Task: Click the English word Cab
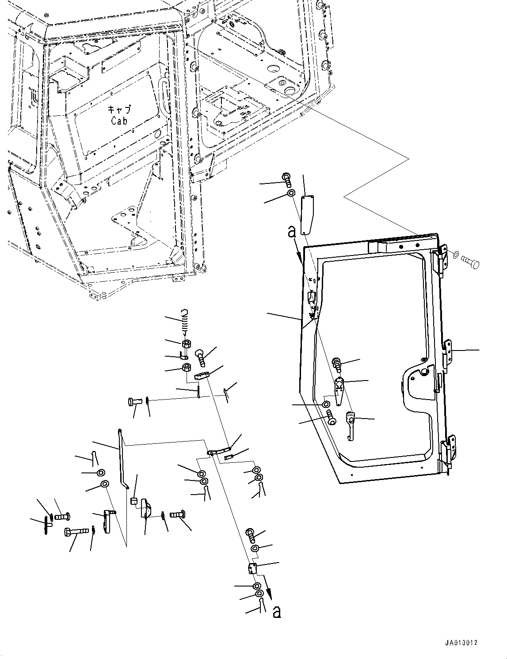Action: [x=119, y=121]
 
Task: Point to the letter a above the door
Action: [x=291, y=232]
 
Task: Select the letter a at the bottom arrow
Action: [x=277, y=612]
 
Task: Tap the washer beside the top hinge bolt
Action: [x=455, y=255]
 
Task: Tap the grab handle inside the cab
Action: [x=165, y=94]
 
